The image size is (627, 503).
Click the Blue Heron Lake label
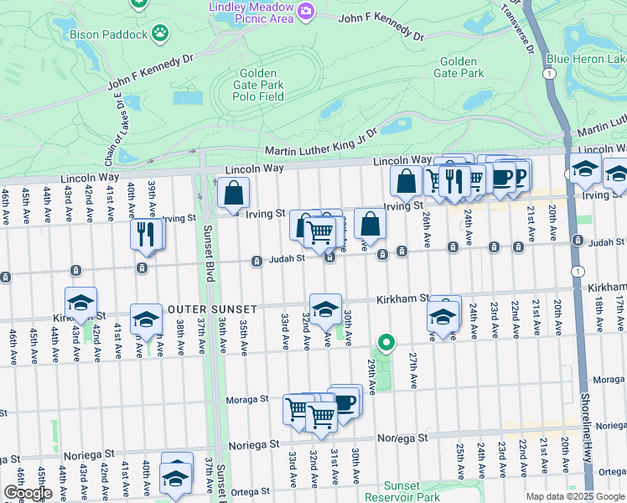(x=586, y=59)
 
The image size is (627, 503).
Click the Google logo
(x=28, y=493)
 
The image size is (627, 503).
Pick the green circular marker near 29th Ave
(x=386, y=342)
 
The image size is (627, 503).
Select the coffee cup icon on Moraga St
(x=345, y=402)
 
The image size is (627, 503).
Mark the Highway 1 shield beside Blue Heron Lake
(x=547, y=74)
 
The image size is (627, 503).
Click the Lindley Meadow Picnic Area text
(x=250, y=12)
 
